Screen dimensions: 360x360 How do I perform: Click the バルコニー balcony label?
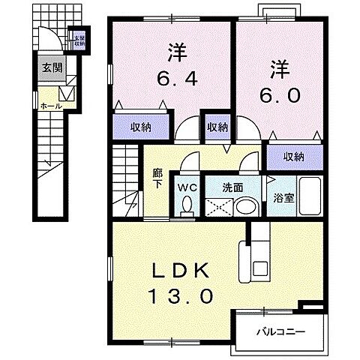tap(281, 329)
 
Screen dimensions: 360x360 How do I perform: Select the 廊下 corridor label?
tap(157, 180)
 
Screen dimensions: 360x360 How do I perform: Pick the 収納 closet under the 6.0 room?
tap(294, 156)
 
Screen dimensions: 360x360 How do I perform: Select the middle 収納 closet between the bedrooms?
tap(217, 127)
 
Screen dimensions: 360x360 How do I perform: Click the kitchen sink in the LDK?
tap(261, 268)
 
